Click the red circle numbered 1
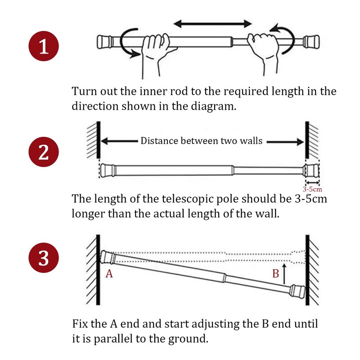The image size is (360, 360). point(44,46)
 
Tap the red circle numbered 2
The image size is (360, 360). point(44,152)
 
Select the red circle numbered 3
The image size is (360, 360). point(44,258)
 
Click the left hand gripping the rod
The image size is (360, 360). point(156,55)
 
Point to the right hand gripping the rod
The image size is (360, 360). point(264,53)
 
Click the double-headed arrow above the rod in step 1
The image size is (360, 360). point(212,24)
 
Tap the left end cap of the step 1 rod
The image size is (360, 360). point(105,42)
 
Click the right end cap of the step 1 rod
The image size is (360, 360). point(311,41)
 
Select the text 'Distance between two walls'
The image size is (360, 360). point(201,141)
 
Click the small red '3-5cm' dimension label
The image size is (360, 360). point(312,189)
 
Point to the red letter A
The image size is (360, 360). point(109,274)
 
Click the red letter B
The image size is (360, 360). point(275,274)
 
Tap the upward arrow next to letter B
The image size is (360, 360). point(284,274)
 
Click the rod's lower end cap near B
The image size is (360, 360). point(297,291)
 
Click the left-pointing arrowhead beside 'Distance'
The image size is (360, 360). point(104,141)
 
